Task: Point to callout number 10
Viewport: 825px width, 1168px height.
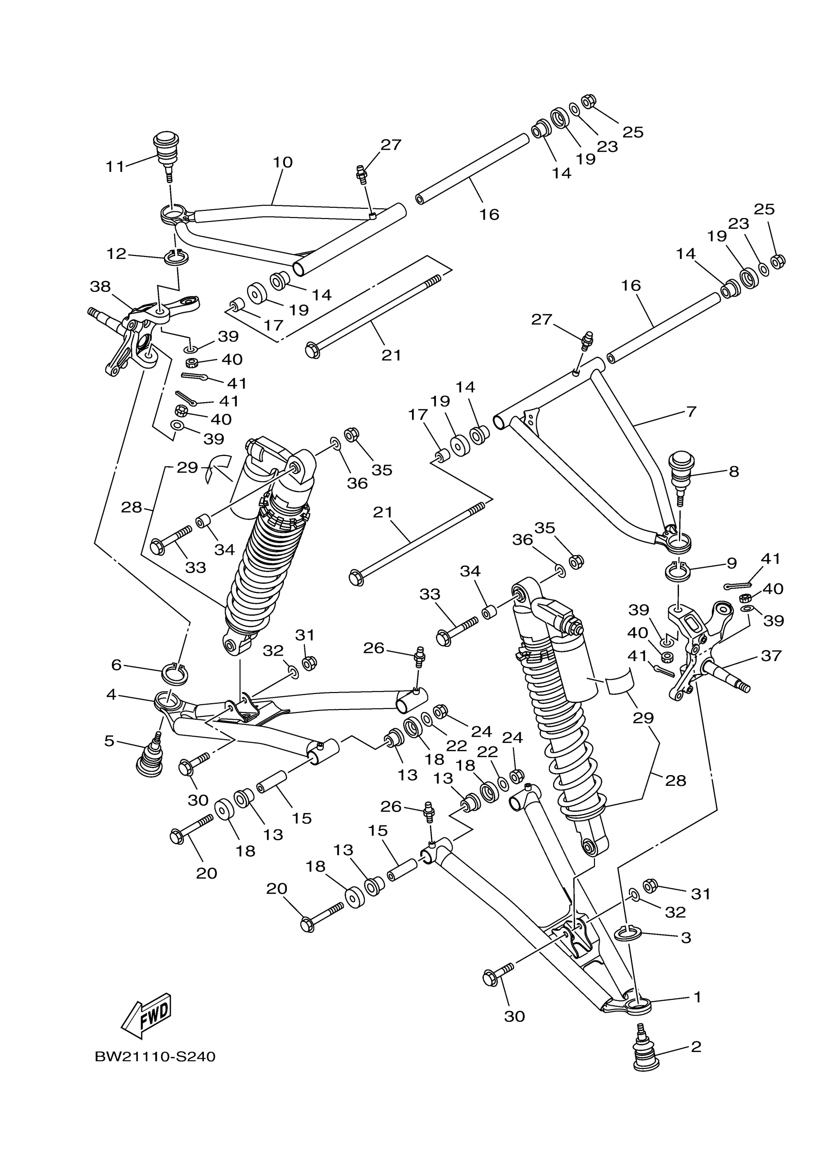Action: pos(282,163)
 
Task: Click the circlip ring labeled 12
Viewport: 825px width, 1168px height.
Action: pos(176,258)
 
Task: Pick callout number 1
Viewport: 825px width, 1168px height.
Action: pos(697,997)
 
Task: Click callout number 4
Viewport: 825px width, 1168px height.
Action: pos(111,694)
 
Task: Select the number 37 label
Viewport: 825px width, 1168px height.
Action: pos(771,656)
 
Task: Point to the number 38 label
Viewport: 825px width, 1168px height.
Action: pos(100,287)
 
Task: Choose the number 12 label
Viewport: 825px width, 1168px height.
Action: pos(116,254)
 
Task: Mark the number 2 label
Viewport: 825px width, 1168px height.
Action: pos(696,1047)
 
